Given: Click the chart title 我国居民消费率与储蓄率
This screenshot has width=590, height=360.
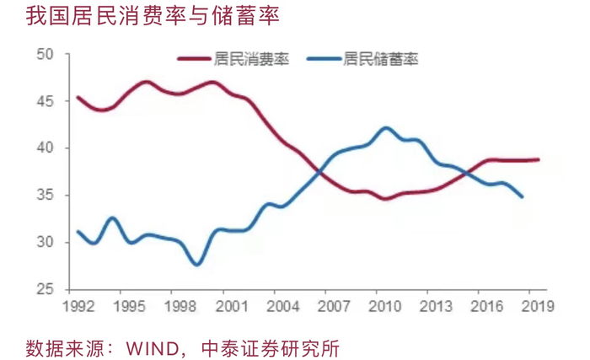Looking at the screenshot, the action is [153, 16].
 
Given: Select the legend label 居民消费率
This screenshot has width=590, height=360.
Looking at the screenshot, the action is [251, 59].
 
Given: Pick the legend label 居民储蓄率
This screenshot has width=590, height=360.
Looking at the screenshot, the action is [380, 59].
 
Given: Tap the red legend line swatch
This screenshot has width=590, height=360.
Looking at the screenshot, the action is [194, 59].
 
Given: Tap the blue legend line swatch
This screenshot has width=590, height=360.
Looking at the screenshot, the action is [324, 59].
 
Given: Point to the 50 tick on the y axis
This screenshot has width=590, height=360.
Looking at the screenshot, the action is [46, 54].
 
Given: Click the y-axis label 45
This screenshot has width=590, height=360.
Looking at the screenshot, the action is [46, 101].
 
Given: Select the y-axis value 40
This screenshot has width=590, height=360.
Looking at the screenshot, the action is [46, 148].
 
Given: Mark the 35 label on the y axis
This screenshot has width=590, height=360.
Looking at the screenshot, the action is [46, 195].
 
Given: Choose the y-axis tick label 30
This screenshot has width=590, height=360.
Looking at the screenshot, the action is [46, 242].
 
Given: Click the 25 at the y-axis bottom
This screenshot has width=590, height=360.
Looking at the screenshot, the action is [46, 289].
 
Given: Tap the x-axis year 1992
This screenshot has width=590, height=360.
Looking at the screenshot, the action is [78, 306].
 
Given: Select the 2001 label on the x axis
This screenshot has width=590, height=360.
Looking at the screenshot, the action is [232, 306].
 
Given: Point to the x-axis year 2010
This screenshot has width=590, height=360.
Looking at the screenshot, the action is [385, 306].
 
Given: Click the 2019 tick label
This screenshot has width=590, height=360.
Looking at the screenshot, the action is [538, 306].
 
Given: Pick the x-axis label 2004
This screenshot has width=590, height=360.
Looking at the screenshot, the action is [283, 306].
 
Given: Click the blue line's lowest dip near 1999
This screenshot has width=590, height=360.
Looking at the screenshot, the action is [197, 264].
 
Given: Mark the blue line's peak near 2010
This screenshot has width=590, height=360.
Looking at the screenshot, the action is [386, 128].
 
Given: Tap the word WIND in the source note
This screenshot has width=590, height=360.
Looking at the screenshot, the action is [153, 348].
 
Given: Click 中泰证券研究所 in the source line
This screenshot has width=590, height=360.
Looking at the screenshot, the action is [271, 348].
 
